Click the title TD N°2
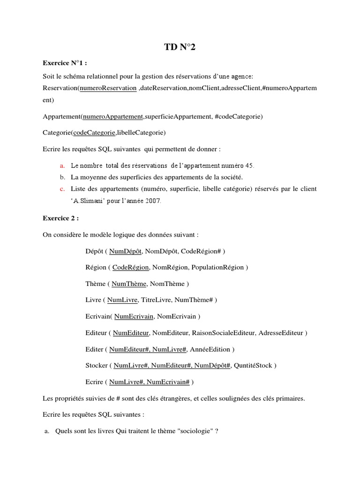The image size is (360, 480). click(x=180, y=47)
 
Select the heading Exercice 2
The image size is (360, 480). click(x=60, y=218)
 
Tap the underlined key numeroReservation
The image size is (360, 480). click(x=108, y=88)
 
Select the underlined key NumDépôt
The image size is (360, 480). click(x=126, y=251)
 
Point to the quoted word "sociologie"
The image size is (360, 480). click(x=193, y=431)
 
